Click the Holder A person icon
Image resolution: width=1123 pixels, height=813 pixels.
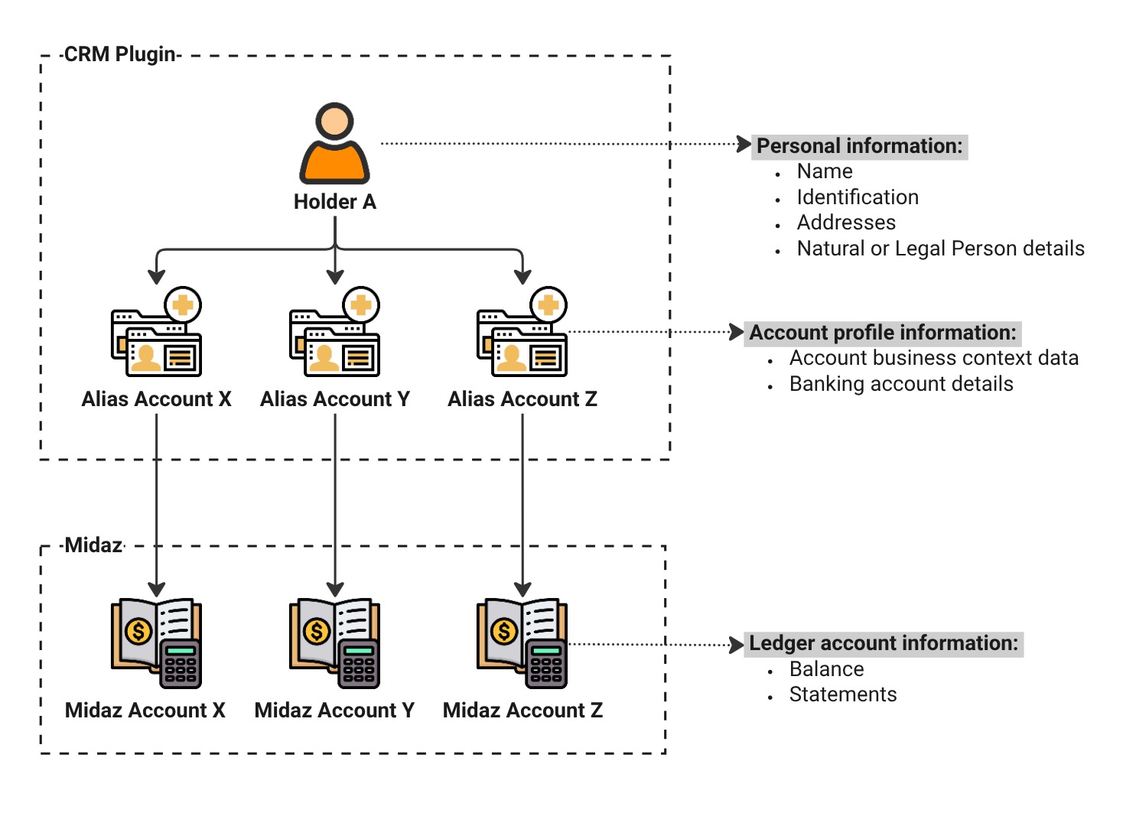point(334,145)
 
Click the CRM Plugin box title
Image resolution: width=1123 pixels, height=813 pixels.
point(120,55)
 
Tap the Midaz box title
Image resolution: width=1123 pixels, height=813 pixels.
point(93,545)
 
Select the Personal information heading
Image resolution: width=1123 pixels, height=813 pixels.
point(859,146)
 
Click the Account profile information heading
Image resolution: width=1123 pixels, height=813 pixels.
point(883,333)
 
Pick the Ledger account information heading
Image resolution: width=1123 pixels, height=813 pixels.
point(884,643)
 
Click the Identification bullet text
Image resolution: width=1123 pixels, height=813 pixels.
point(858,197)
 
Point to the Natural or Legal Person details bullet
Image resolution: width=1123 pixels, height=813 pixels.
point(940,249)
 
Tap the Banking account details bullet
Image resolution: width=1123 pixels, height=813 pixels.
point(901,384)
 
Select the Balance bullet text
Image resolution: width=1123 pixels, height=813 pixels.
point(826,669)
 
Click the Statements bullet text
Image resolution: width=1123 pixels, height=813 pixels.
point(843,694)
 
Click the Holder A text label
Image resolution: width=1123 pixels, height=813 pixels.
point(334,202)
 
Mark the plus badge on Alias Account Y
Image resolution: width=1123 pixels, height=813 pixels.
point(361,306)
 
